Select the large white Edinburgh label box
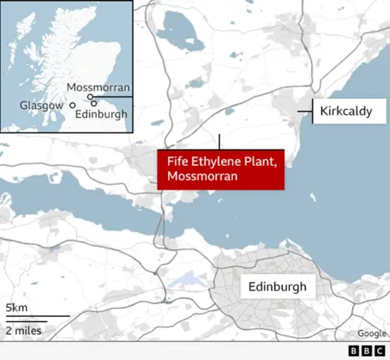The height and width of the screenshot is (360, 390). tap(277, 286)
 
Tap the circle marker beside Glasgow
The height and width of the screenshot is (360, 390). tap(72, 105)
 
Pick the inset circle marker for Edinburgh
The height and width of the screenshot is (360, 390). tap(94, 103)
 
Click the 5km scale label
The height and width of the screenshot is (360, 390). tap(15, 307)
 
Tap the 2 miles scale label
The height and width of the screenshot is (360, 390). tap(24, 330)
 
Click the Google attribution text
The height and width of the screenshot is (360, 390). tap(372, 333)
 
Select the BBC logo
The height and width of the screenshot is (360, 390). tap(367, 351)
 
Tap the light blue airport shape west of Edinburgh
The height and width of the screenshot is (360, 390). tap(188, 281)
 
